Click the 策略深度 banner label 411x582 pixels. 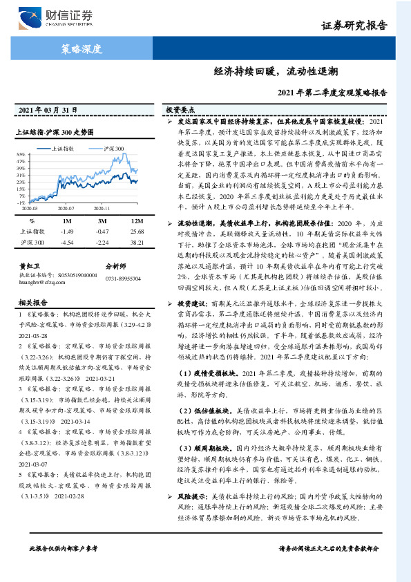tap(82, 49)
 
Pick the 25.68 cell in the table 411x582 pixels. tap(137, 232)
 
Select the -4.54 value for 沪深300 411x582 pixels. tap(67, 243)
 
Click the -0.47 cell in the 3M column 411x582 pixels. tap(102, 232)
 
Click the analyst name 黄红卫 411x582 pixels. tap(26, 265)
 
